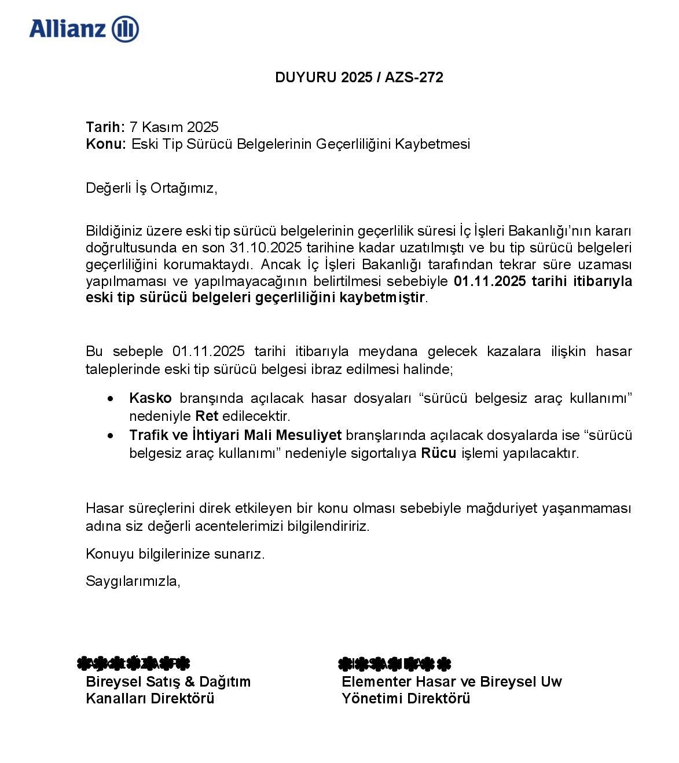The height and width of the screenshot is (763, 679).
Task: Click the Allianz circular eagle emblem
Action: (x=125, y=29)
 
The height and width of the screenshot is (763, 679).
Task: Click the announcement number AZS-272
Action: (x=414, y=78)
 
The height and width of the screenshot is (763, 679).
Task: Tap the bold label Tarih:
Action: (x=105, y=127)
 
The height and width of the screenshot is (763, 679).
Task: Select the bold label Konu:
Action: (x=105, y=144)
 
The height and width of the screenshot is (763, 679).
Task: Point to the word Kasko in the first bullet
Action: (x=151, y=398)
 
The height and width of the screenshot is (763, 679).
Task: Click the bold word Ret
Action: (x=207, y=416)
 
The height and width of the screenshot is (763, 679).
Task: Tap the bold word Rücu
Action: (x=438, y=453)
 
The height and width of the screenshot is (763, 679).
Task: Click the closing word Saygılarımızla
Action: (x=133, y=581)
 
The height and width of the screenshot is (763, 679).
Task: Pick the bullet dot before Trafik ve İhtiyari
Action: (x=111, y=435)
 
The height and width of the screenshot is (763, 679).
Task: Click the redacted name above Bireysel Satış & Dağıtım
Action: (x=133, y=663)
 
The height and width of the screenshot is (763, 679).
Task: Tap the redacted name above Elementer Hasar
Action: (x=394, y=663)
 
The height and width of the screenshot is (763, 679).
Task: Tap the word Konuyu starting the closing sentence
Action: (x=110, y=554)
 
